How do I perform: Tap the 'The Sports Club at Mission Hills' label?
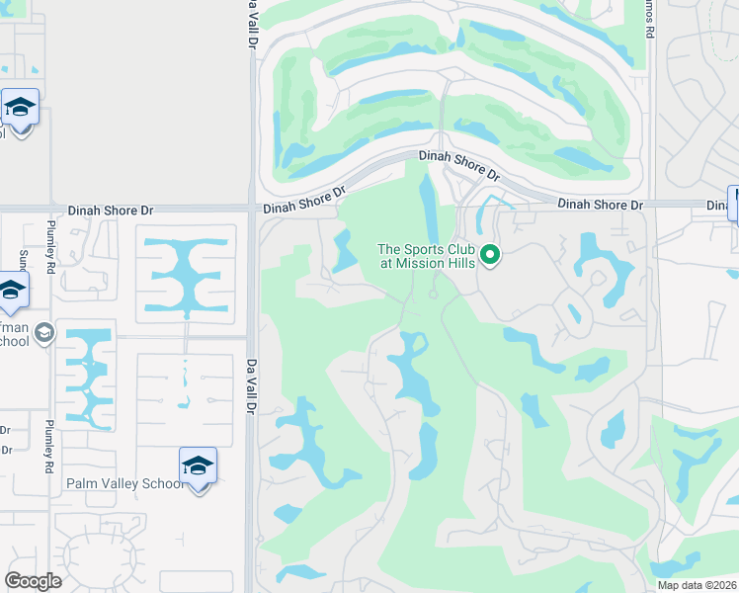click(x=427, y=257)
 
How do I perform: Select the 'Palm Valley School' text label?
click(x=124, y=483)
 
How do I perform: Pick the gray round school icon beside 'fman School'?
click(x=43, y=333)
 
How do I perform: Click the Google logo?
click(x=33, y=581)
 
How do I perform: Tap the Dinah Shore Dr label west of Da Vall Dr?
click(x=112, y=211)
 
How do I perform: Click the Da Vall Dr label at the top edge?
click(x=253, y=20)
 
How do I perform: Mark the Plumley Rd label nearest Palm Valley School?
click(x=49, y=447)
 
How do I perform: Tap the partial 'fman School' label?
click(x=14, y=334)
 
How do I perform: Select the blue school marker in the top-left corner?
click(x=19, y=107)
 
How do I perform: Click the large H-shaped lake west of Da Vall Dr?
click(x=186, y=272)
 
